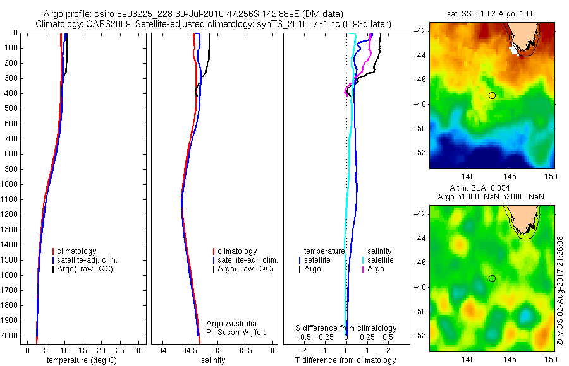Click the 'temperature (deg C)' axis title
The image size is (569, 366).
(79, 360)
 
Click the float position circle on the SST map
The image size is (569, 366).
(492, 95)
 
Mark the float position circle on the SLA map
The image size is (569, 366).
(492, 278)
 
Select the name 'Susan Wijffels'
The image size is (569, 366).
(238, 332)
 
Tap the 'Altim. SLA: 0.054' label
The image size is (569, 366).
(493, 189)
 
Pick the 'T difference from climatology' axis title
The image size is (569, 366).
(346, 360)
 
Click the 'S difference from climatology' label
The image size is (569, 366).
(346, 328)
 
